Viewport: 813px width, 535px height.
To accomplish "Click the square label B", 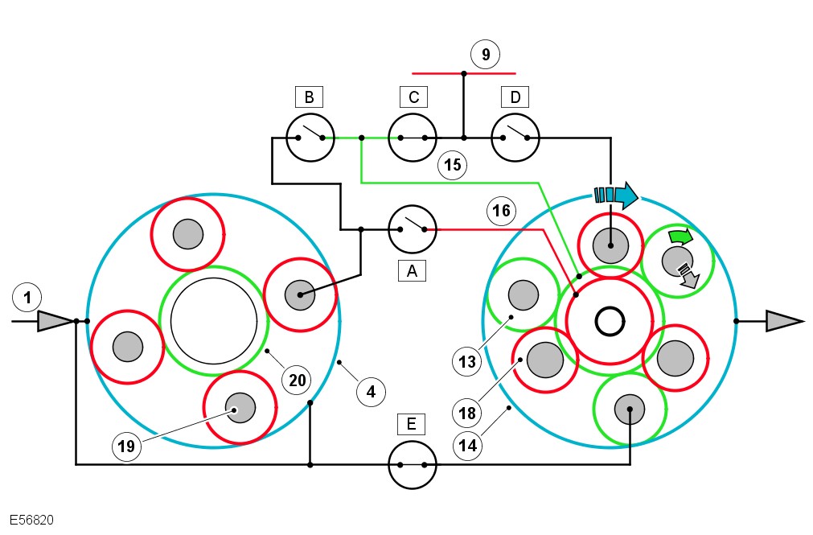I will coord(309,97).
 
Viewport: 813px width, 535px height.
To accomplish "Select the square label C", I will coord(413,97).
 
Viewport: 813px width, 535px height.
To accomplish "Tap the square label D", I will coord(515,97).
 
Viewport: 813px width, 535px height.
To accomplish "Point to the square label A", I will coord(413,271).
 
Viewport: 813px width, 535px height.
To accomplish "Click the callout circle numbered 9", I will coord(485,55).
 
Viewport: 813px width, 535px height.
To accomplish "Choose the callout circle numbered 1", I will coord(27,298).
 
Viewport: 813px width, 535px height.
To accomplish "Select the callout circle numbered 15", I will coord(453,165).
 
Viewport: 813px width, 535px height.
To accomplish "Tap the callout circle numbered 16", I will coord(501,211).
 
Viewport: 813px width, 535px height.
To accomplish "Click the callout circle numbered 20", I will coord(298,380).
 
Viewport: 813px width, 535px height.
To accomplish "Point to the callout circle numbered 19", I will coord(128,444).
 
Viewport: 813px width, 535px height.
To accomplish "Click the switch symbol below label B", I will coord(310,138).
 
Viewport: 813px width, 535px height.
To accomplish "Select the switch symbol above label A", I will coord(413,229).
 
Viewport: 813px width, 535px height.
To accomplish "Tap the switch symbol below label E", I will coord(413,465).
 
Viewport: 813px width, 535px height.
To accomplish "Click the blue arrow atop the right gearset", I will coord(616,195).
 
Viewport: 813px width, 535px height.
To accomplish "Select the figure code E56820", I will coord(32,521).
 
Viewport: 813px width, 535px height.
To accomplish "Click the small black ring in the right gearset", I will coord(610,323).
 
